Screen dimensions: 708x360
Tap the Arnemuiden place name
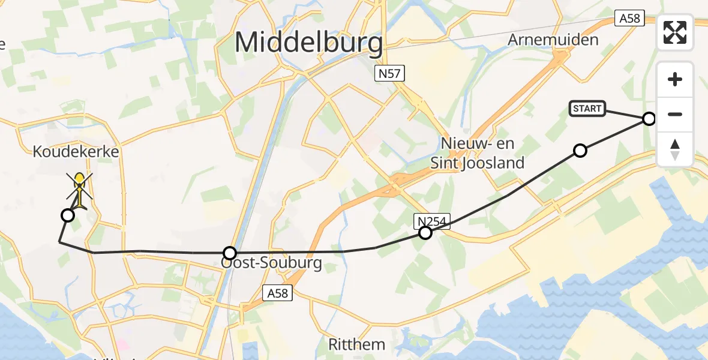point(553,40)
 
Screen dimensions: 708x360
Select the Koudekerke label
point(76,152)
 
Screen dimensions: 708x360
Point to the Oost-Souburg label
point(272,263)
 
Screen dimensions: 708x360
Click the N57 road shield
point(390,74)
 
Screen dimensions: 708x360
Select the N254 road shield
point(433,221)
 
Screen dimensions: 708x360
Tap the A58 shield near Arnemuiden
point(629,19)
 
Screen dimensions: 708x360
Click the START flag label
point(587,109)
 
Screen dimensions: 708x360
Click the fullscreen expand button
point(675,32)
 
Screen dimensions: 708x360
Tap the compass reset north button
point(675,149)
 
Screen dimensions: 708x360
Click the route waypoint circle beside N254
point(425,233)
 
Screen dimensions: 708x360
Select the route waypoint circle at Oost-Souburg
point(230,253)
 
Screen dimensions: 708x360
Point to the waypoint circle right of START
point(649,119)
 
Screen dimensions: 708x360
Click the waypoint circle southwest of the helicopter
point(68,215)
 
